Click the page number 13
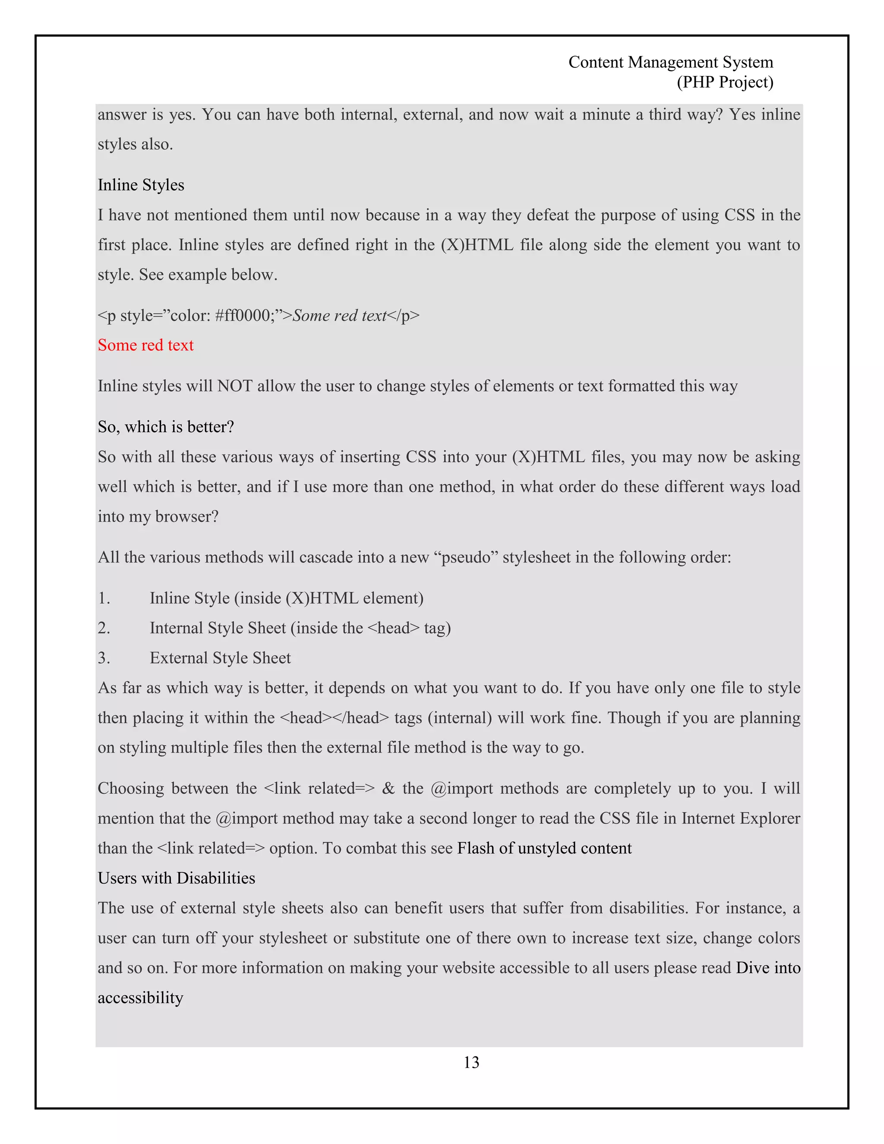(471, 1062)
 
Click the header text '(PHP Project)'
(725, 82)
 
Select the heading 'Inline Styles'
(141, 185)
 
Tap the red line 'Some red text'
(145, 345)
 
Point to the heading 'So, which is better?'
(165, 427)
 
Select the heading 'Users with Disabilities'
(176, 878)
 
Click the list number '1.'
(104, 598)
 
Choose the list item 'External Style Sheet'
(220, 658)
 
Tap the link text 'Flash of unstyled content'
(544, 848)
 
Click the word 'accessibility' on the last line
(140, 997)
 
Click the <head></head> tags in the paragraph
(335, 717)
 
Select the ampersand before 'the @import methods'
(388, 788)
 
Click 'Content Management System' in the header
(670, 62)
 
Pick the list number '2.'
(104, 628)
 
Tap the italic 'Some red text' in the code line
(339, 315)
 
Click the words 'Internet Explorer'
(741, 818)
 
